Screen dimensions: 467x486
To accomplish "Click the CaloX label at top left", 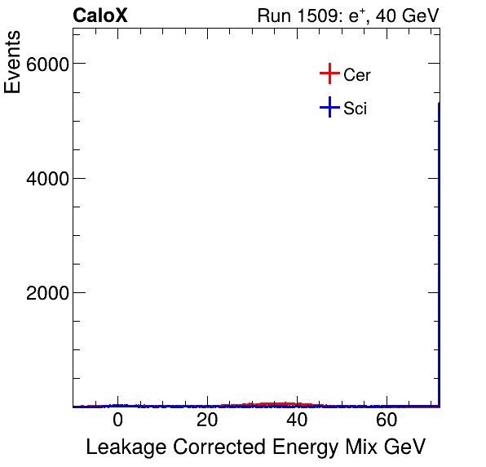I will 100,16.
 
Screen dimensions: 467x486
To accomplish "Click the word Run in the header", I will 273,16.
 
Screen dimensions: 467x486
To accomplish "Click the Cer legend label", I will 357,75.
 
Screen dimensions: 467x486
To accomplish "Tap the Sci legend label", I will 356,108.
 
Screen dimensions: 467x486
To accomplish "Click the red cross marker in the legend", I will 329,74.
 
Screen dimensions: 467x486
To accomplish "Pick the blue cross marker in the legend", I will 329,107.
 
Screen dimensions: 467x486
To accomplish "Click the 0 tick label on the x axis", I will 117,421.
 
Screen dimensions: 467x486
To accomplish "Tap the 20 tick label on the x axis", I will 207,421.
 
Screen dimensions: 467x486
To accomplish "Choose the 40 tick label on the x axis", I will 298,421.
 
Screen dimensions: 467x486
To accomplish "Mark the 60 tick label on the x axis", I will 387,421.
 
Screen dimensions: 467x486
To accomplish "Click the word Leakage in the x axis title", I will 121,447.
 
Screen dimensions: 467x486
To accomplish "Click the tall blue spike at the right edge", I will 440,245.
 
